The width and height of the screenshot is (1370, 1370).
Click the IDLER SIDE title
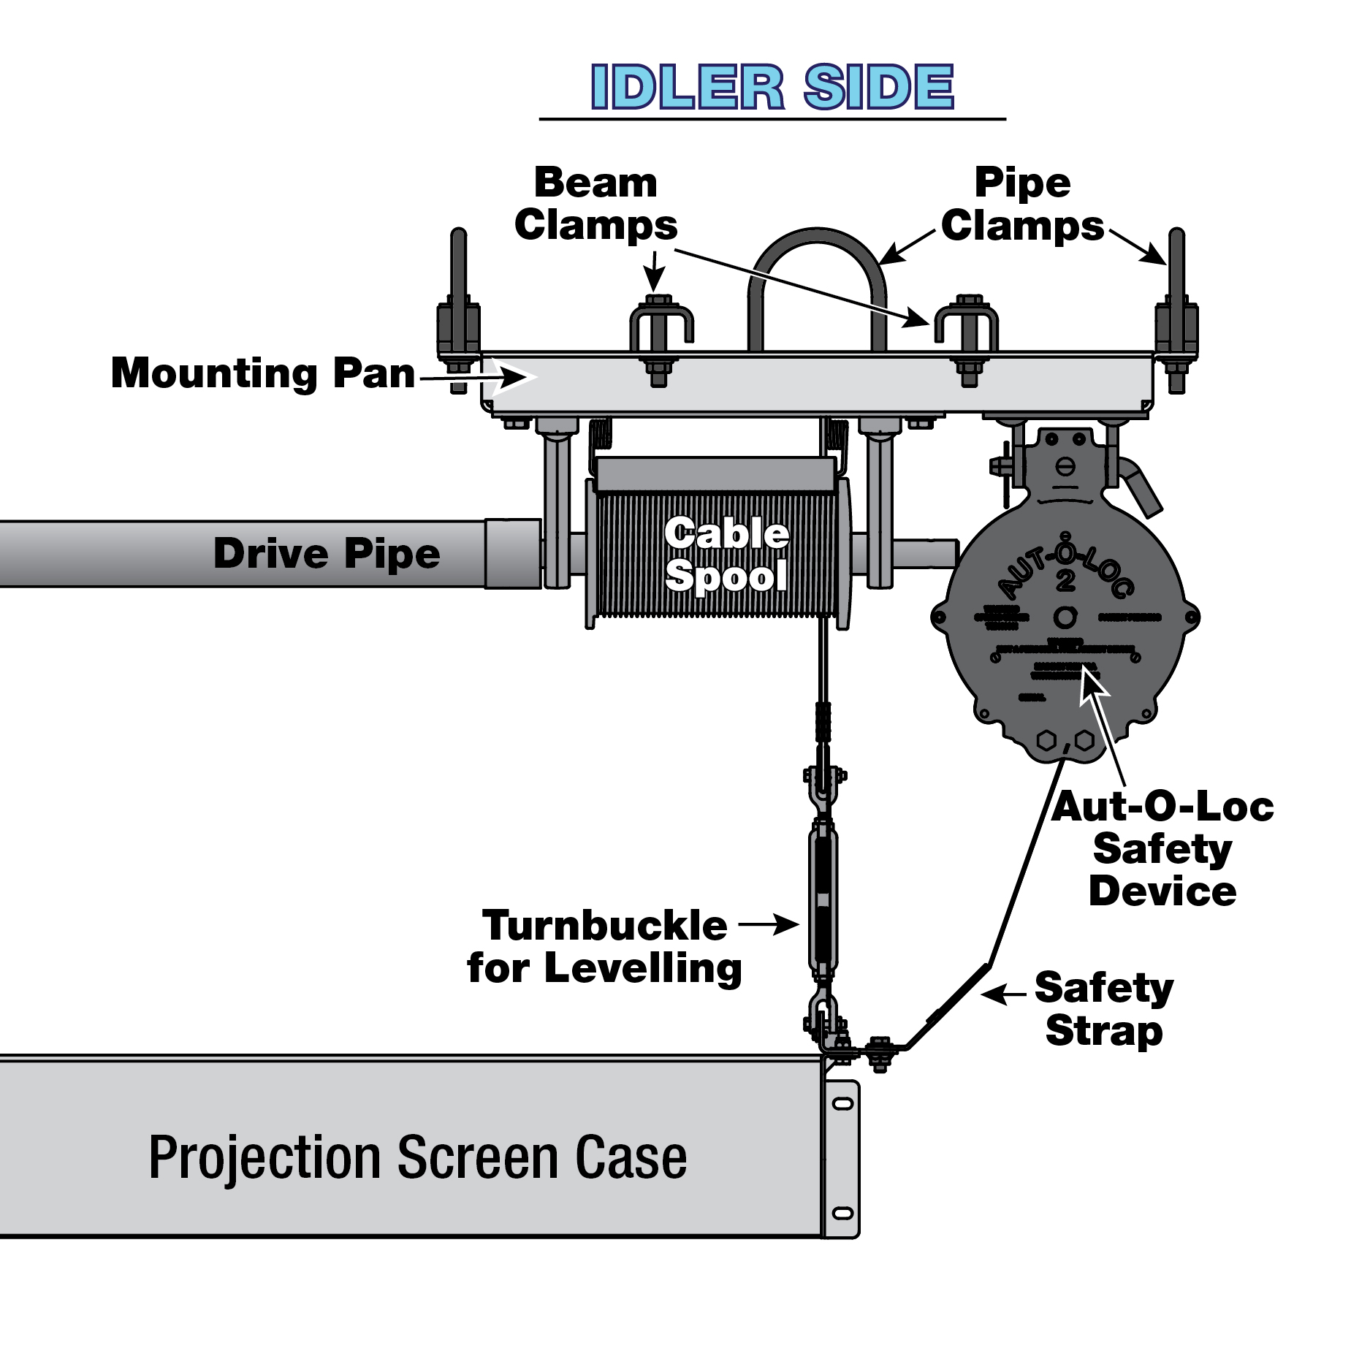tap(772, 88)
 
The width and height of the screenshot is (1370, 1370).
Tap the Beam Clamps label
tap(595, 204)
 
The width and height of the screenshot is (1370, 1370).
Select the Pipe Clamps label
tap(1021, 204)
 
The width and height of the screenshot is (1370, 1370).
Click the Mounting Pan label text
tap(263, 373)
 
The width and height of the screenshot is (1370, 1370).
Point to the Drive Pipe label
tap(327, 553)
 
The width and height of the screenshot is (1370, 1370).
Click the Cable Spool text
tap(726, 555)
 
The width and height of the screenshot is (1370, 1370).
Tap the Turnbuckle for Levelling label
tap(604, 946)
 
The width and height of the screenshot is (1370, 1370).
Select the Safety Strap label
tap(1103, 1009)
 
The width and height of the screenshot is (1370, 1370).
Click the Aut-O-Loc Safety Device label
tap(1162, 849)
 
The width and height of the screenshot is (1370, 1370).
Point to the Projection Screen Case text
tap(417, 1157)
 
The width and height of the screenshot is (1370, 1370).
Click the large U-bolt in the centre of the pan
tap(817, 285)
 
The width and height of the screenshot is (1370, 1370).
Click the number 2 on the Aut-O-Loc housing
tap(1065, 581)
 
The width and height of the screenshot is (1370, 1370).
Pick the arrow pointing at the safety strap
tap(1005, 994)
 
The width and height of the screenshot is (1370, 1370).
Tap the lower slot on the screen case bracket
tap(842, 1214)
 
